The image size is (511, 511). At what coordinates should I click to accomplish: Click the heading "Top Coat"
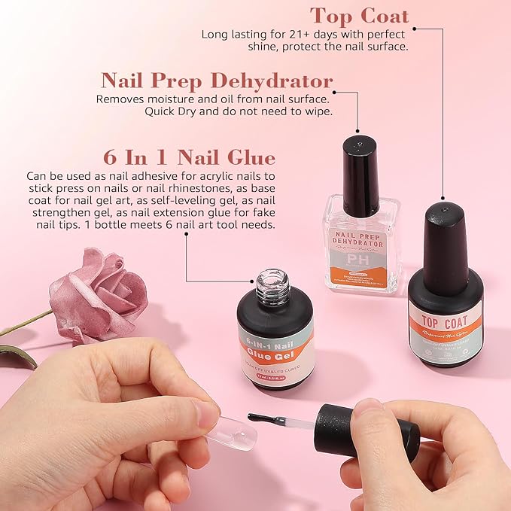(x=359, y=16)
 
